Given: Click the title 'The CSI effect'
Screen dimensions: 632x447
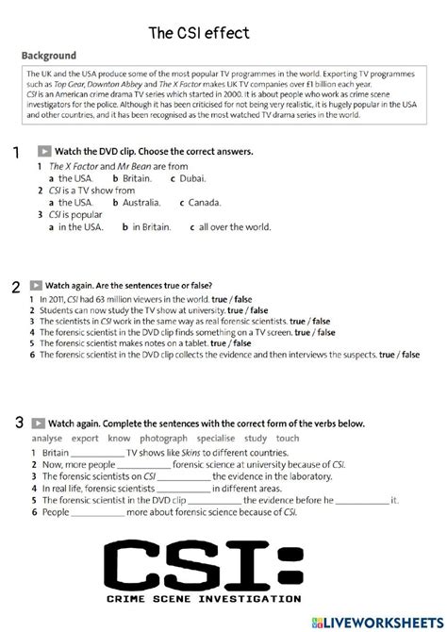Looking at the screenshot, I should pyautogui.click(x=199, y=34).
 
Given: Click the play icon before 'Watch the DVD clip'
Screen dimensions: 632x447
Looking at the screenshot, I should pyautogui.click(x=44, y=151).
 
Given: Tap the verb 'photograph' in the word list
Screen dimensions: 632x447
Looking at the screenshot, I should pyautogui.click(x=163, y=439).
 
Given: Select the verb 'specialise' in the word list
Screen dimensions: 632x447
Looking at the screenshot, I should pyautogui.click(x=216, y=439).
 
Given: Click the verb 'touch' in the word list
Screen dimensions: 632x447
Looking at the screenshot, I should pyautogui.click(x=288, y=439).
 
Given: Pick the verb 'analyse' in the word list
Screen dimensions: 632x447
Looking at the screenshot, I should pyautogui.click(x=46, y=439).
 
